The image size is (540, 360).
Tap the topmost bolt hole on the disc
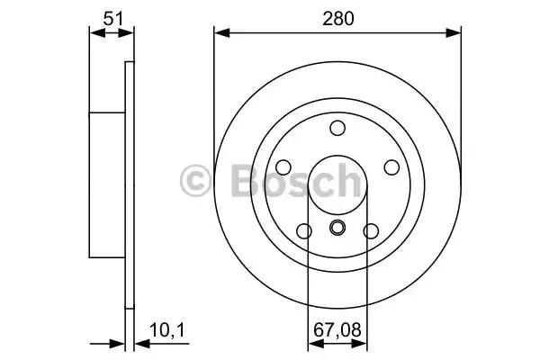(337, 128)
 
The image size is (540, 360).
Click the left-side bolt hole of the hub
(283, 167)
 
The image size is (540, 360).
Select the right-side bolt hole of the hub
(391, 167)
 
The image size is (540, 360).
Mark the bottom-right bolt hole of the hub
(370, 231)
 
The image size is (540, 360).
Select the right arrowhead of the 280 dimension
(455, 33)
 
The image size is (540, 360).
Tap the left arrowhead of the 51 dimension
(94, 33)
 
